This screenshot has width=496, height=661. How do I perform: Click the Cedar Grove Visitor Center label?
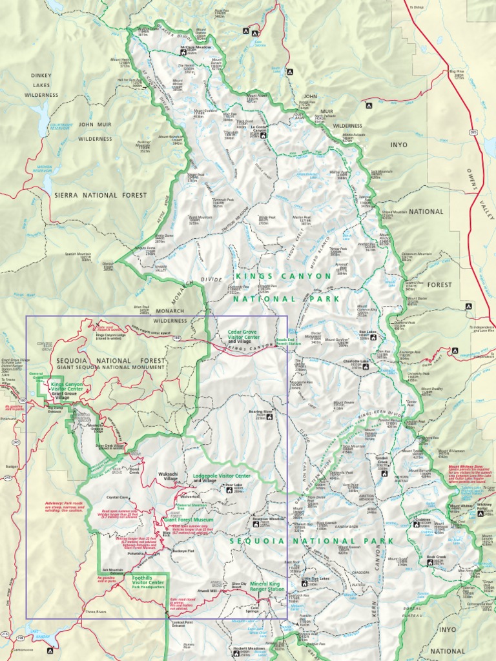point(243,337)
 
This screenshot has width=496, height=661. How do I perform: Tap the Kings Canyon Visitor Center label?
point(67,386)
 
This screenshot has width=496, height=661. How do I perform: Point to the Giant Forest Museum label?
point(188,518)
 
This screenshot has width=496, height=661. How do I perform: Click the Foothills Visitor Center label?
point(148,580)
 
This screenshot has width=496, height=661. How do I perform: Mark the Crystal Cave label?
point(119,498)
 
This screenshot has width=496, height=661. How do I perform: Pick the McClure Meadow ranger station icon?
point(183,52)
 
